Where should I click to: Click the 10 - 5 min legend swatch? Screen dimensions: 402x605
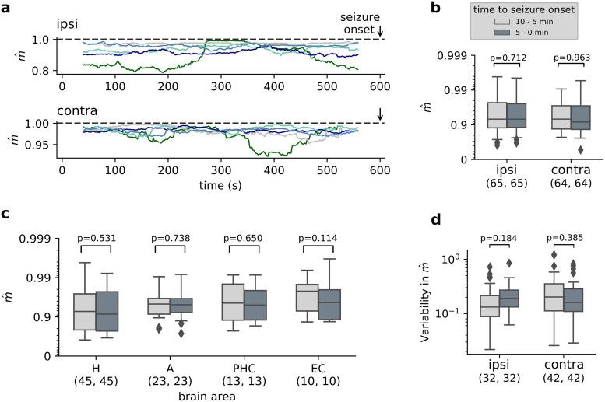(498, 32)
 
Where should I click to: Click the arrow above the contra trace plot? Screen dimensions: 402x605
(380, 114)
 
